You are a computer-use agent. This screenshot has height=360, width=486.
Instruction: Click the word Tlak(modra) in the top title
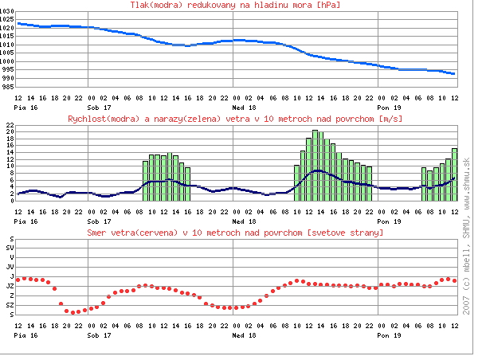pos(155,6)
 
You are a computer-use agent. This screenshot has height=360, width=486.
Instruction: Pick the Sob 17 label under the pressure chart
pos(100,106)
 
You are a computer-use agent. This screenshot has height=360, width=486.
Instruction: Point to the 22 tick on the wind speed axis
pos(8,126)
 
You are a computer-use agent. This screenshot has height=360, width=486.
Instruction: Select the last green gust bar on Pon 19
pos(454,174)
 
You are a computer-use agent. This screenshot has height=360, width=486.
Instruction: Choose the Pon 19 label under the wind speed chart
pos(388,221)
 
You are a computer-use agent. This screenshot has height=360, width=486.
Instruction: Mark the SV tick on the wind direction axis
pos(9,248)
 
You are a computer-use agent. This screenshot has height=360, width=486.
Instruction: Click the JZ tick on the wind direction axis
pos(9,286)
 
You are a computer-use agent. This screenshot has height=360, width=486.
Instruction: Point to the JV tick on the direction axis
pos(9,267)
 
